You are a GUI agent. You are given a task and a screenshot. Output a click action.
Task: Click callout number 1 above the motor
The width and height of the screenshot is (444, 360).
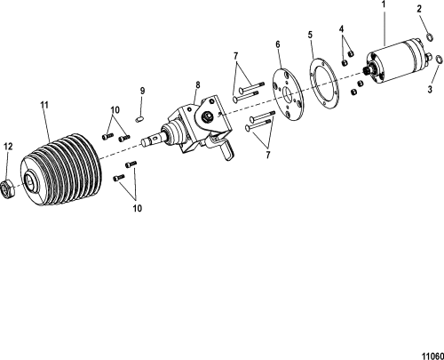[x=384, y=5]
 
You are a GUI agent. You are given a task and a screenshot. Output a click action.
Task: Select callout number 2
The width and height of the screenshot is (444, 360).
[x=419, y=9]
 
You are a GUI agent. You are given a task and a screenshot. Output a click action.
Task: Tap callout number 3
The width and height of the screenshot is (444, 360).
[x=430, y=89]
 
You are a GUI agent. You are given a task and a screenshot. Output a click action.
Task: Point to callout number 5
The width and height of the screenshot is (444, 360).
[x=310, y=35]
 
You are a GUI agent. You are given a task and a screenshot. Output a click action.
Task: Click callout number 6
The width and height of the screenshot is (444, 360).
[x=278, y=44]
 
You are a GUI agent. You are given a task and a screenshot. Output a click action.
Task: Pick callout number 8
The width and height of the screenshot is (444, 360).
[x=198, y=85]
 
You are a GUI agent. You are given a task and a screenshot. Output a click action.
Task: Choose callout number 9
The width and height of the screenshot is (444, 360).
[x=143, y=91]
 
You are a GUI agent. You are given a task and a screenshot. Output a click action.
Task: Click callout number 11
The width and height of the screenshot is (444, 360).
[x=44, y=105]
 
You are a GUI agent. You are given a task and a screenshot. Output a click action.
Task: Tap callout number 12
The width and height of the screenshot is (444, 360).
[x=8, y=146]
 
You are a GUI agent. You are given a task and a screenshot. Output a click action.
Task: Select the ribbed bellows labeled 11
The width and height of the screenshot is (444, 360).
[x=61, y=168]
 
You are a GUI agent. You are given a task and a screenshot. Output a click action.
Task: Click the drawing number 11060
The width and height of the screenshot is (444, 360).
[x=432, y=356]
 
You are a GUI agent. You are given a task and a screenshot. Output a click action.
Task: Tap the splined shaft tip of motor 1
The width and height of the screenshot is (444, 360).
[x=367, y=71]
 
